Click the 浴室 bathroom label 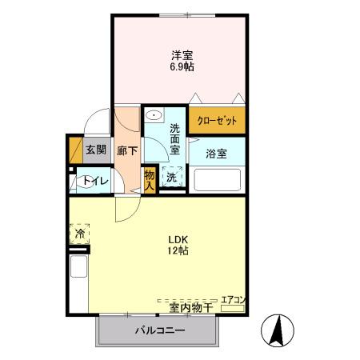pos(216,153)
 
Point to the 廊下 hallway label pos(126,150)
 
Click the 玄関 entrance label pos(96,149)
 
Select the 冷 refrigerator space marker pos(80,234)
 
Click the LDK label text pos(178,238)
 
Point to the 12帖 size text pos(178,251)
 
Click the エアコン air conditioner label pos(233,299)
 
